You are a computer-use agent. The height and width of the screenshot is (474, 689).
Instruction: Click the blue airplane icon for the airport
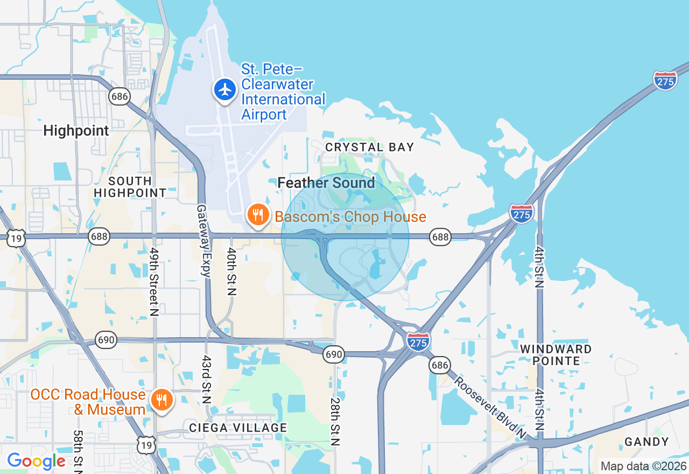225,89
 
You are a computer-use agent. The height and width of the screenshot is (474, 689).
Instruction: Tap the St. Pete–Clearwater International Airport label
283,92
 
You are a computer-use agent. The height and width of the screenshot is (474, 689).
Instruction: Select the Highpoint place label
76,130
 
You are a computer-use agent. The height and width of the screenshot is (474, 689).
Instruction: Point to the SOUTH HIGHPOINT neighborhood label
130,187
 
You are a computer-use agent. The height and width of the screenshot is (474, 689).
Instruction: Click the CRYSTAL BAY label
370,147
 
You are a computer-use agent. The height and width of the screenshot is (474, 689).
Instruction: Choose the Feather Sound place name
326,183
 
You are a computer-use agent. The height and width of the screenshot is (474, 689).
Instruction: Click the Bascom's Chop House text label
350,217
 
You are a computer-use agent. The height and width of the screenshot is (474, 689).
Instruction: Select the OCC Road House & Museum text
88,402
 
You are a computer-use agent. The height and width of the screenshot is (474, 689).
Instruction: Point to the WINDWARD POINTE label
556,355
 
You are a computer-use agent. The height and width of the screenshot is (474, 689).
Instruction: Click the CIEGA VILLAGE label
238,428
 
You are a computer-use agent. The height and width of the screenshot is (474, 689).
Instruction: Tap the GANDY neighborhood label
646,442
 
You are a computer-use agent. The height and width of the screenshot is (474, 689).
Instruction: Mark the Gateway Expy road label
203,240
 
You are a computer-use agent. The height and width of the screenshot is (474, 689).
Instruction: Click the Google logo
36,461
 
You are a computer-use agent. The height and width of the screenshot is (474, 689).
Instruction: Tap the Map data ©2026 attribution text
643,466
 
